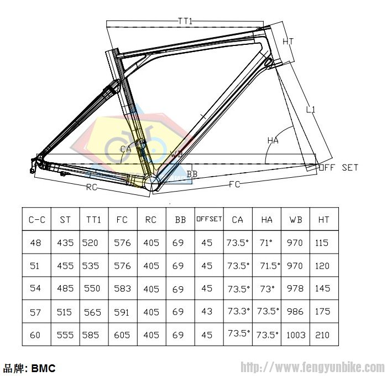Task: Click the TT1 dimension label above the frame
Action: [185, 21]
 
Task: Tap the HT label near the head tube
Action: [288, 42]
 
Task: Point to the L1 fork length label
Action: [310, 110]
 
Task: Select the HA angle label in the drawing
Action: [273, 141]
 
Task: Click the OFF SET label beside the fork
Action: [338, 167]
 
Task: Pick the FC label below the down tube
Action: [235, 184]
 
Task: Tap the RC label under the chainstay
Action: [92, 187]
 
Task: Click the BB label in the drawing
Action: [192, 174]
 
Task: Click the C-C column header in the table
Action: [36, 220]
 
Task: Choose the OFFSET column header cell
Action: [209, 219]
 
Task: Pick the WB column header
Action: [295, 220]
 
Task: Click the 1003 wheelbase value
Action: [295, 334]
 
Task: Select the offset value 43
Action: [207, 312]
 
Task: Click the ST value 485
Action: [65, 289]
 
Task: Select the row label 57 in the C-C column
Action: [35, 312]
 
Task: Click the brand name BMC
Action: [44, 368]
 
